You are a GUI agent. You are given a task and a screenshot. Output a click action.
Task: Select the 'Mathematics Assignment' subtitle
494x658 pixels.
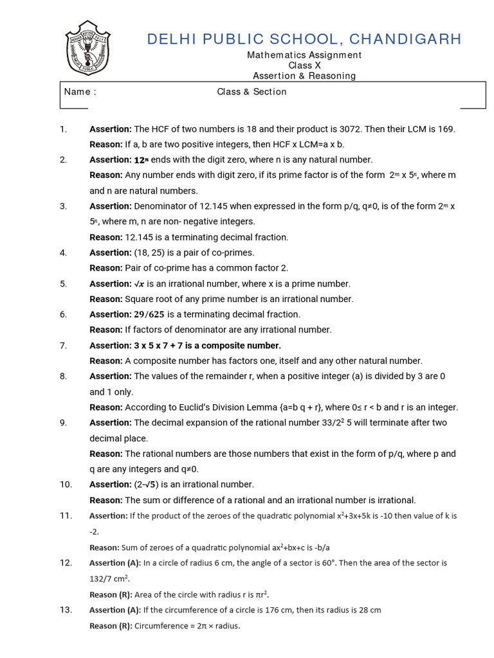point(304,55)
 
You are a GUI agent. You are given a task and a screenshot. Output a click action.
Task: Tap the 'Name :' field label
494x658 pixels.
point(80,92)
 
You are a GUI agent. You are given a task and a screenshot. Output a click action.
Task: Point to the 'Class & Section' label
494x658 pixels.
point(252,92)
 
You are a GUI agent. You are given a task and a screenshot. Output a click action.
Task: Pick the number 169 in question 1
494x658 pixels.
point(446,129)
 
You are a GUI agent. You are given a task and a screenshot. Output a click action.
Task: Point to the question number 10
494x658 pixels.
point(66,485)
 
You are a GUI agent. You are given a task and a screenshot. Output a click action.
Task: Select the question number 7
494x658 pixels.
point(63,346)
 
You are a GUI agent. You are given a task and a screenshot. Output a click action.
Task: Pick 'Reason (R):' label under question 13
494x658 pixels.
point(111,626)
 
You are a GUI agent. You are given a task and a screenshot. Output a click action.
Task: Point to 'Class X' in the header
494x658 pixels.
point(304,66)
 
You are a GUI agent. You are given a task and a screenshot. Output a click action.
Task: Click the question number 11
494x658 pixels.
point(66,516)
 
